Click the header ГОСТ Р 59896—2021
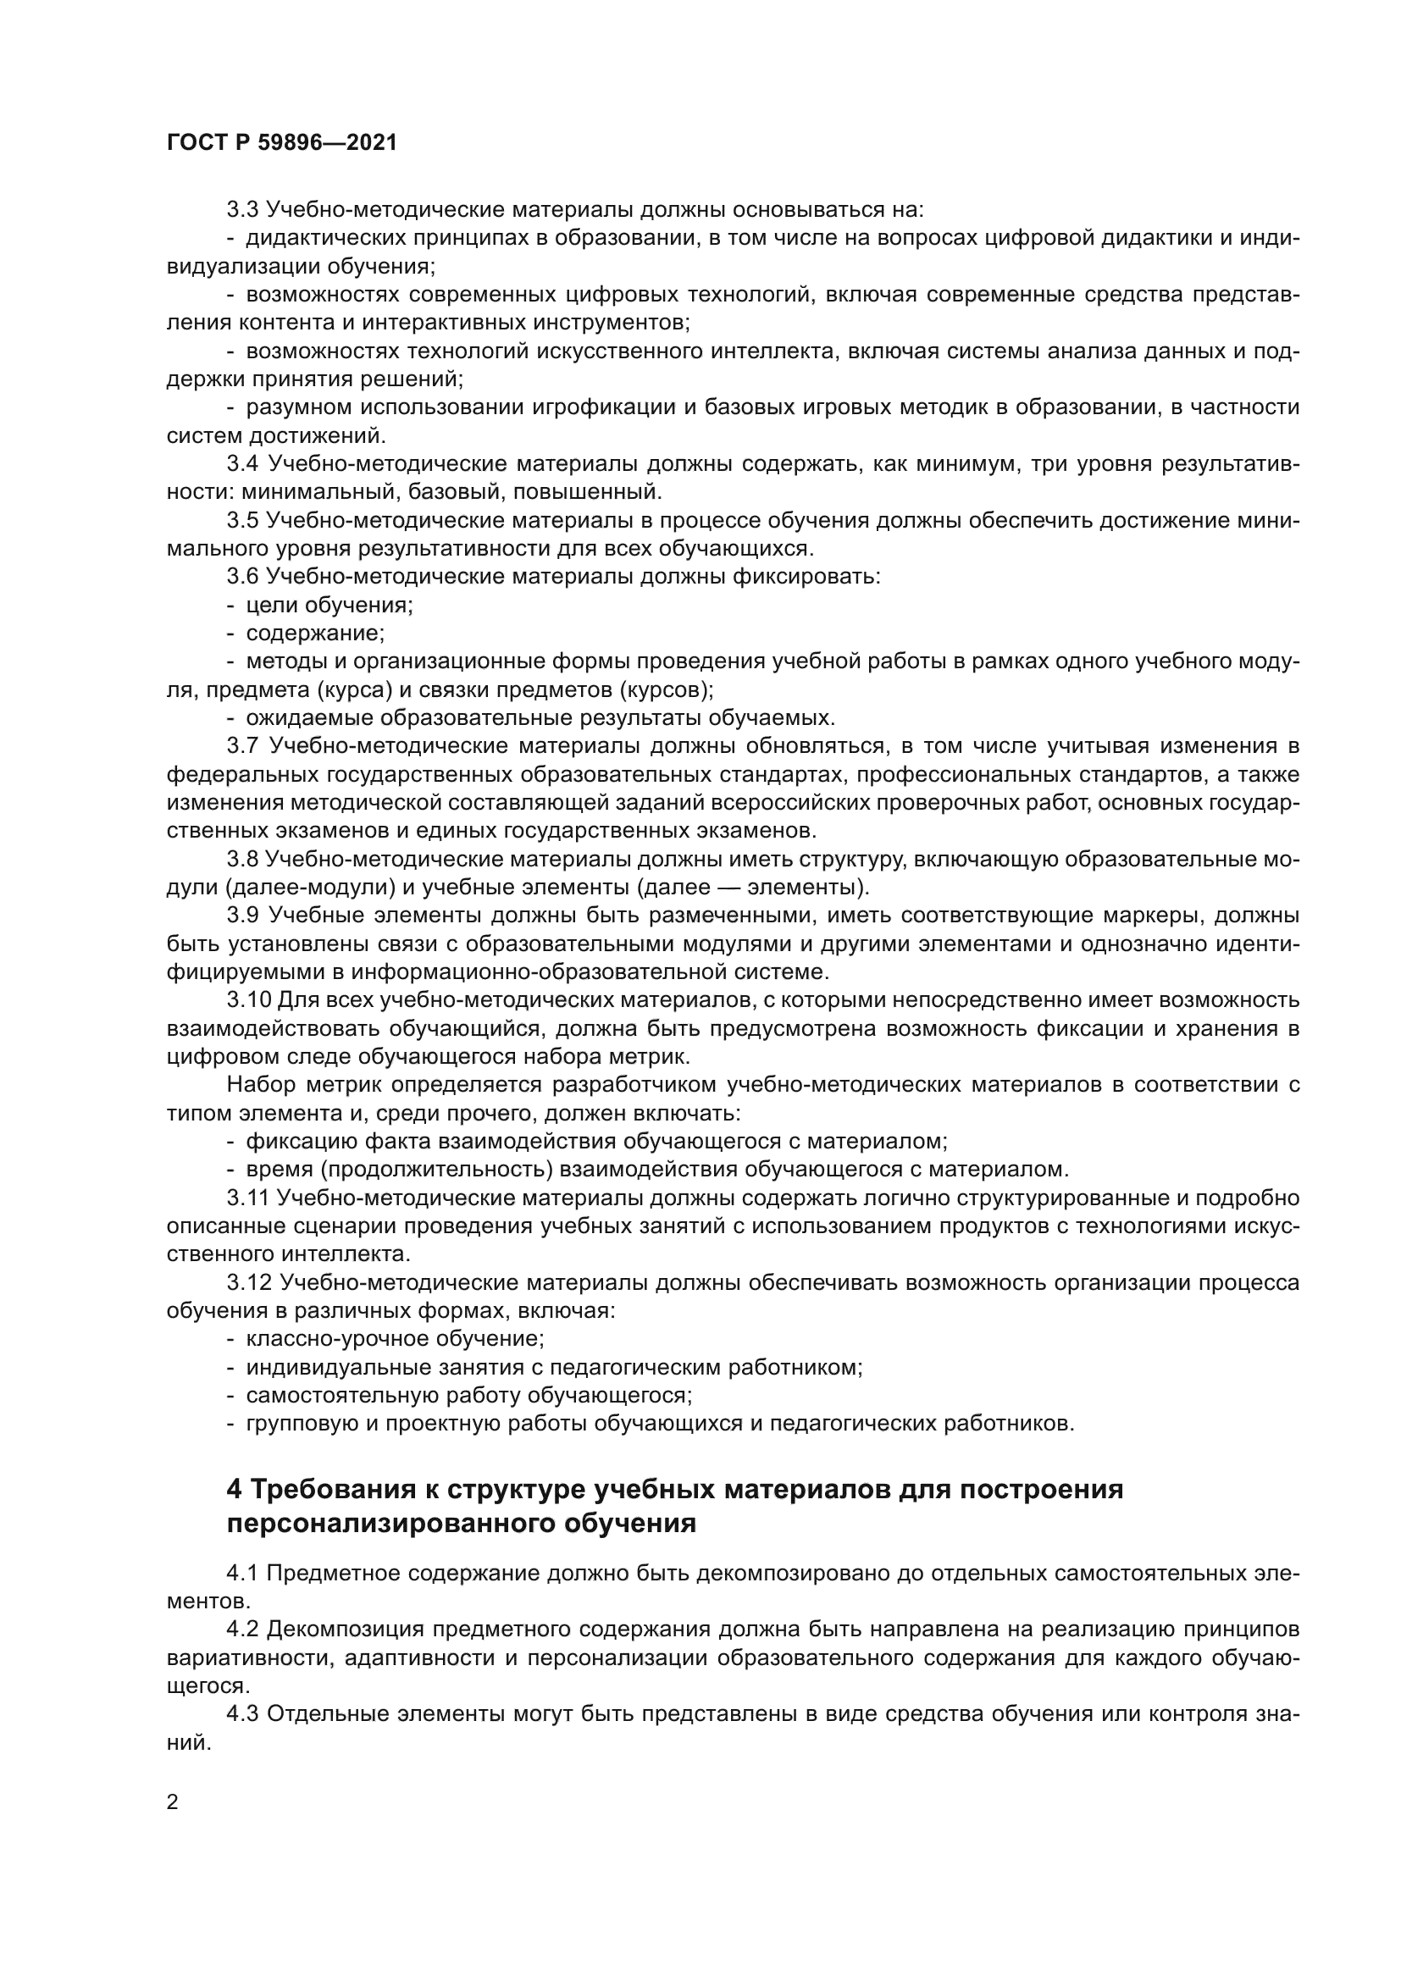pyautogui.click(x=282, y=143)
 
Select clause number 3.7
pyautogui.click(x=243, y=746)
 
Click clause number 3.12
pyautogui.click(x=250, y=1284)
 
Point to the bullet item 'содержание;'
pyautogui.click(x=315, y=634)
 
